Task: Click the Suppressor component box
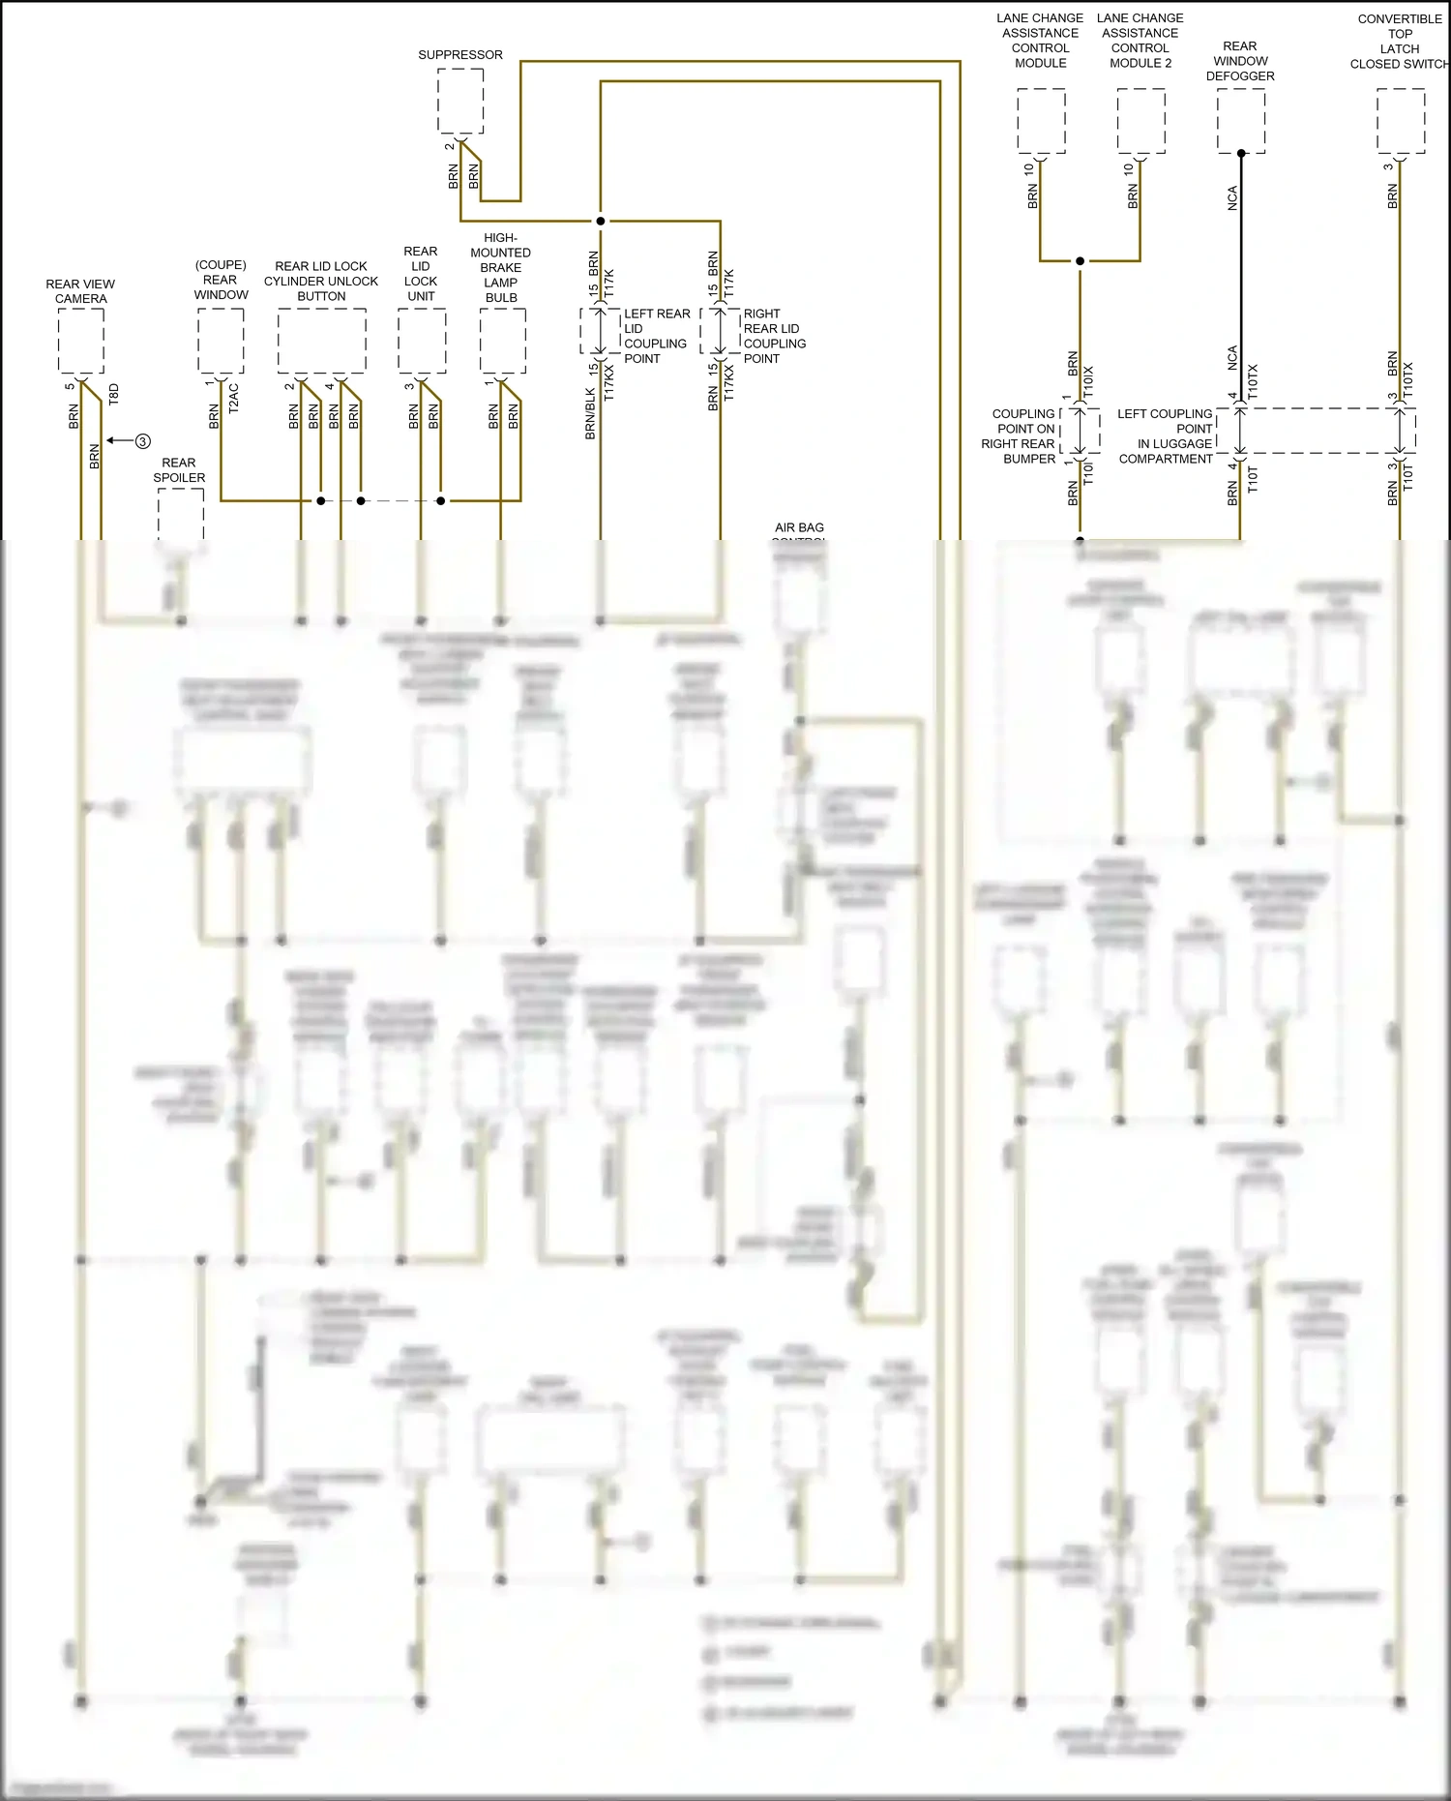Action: [x=460, y=102]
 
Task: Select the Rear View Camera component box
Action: [x=81, y=341]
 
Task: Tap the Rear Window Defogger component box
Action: [x=1241, y=120]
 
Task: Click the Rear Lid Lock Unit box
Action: [x=422, y=341]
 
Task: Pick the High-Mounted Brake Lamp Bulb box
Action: [x=503, y=341]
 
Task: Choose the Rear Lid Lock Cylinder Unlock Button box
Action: [x=321, y=341]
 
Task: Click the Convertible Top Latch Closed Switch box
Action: [x=1401, y=120]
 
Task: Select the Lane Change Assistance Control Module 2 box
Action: [x=1141, y=120]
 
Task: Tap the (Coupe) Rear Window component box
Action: [x=221, y=341]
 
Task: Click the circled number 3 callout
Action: [x=143, y=441]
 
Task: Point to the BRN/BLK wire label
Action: [x=590, y=414]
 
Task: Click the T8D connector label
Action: [x=113, y=394]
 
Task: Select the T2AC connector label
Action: [x=233, y=399]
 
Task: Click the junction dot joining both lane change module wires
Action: [x=1081, y=261]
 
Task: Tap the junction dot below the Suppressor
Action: [x=601, y=221]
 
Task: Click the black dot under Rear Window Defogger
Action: [x=1241, y=153]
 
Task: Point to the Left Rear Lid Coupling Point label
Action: [x=657, y=336]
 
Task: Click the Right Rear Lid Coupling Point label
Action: [x=774, y=336]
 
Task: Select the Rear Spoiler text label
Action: [x=179, y=470]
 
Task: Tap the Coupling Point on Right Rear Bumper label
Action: [x=1020, y=436]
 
